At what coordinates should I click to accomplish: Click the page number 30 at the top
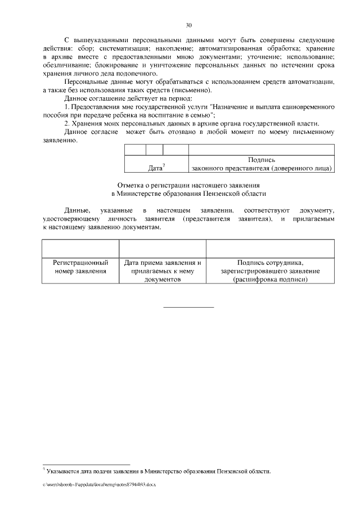[188, 25]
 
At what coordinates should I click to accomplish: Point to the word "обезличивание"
[67, 65]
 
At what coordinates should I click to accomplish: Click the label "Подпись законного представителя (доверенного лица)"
[262, 164]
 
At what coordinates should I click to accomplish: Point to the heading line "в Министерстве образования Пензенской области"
[188, 193]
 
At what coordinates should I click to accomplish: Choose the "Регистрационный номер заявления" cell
[80, 267]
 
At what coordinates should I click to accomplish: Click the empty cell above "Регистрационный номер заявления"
[80, 248]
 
